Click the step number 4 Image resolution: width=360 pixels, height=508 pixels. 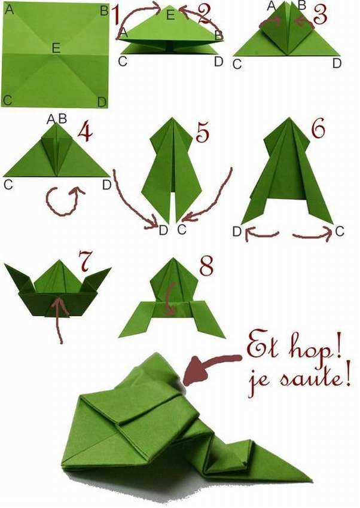[85, 132]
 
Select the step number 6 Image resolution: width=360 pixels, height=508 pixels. [319, 128]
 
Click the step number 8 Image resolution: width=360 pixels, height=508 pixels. [206, 267]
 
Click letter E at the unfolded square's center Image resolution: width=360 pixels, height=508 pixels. [56, 48]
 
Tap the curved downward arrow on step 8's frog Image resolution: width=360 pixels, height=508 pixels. [170, 298]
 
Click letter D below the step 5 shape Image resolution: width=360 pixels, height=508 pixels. [163, 230]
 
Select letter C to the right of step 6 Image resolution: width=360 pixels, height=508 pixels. [339, 231]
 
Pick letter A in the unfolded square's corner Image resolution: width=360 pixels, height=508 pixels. [10, 10]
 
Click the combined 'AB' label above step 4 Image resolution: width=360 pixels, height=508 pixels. [57, 119]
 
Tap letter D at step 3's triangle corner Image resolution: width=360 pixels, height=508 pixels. [337, 63]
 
